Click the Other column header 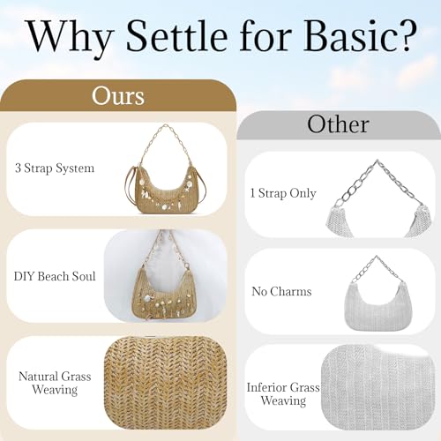point(339,124)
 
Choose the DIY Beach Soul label point(56,276)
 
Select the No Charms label point(281,291)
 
